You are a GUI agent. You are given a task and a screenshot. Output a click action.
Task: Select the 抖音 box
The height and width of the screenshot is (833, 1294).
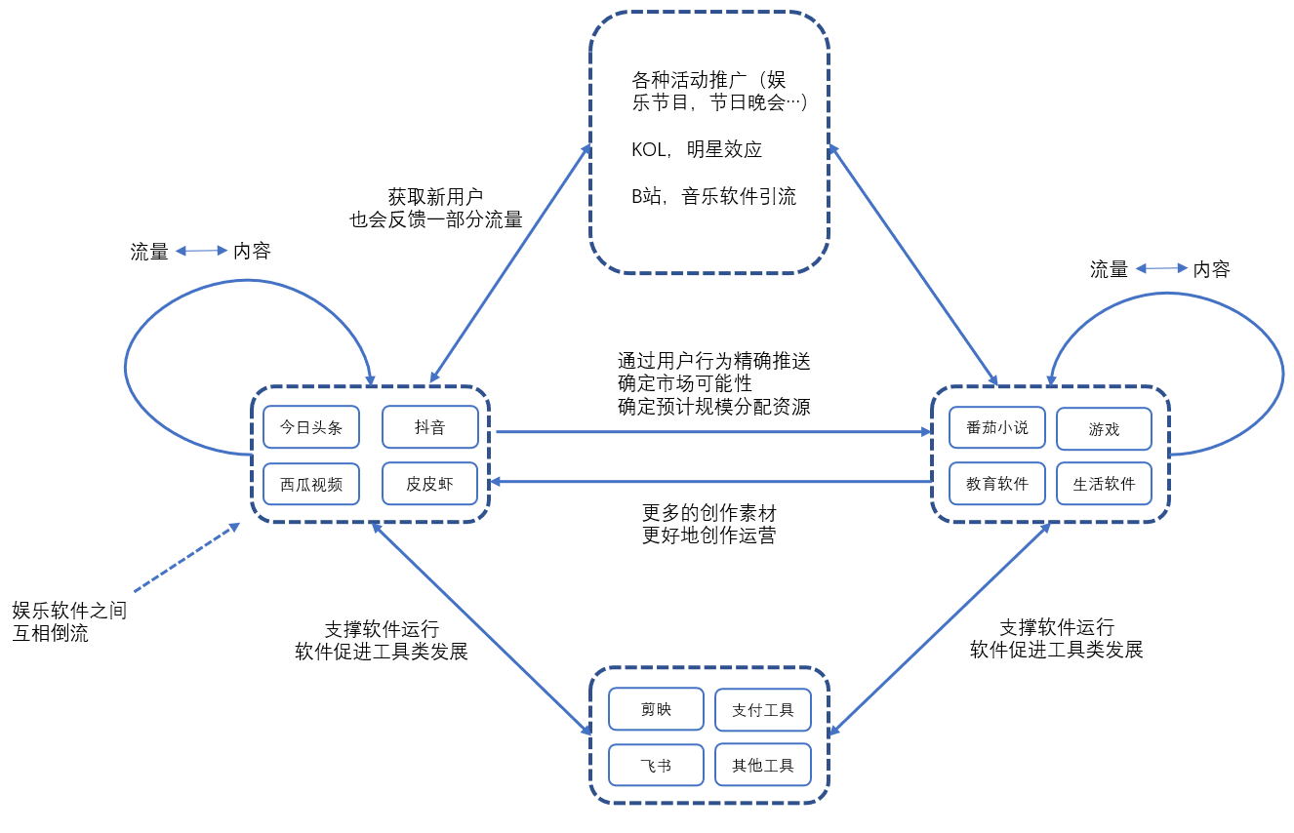[x=430, y=427]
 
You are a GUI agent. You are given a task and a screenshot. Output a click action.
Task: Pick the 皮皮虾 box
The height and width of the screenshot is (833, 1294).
[x=430, y=484]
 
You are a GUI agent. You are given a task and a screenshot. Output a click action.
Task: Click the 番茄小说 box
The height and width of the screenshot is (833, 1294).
[x=997, y=427]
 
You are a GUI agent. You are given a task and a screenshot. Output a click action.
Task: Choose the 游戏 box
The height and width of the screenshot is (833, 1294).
[x=1104, y=428]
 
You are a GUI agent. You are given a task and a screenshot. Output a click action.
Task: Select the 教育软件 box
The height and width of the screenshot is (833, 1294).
[x=997, y=484]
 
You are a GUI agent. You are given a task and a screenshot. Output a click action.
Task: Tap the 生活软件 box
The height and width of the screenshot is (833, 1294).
[x=1104, y=484]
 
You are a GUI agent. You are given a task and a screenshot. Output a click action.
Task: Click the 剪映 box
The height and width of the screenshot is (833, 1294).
[x=656, y=709]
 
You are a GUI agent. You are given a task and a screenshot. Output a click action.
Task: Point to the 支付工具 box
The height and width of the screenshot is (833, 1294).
[x=763, y=710]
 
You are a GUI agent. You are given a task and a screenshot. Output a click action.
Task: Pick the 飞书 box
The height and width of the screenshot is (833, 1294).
[x=656, y=765]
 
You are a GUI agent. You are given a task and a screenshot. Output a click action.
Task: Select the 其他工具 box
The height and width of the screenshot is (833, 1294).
[x=763, y=765]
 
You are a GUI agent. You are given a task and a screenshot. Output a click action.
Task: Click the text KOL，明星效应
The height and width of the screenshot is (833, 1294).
[x=697, y=149]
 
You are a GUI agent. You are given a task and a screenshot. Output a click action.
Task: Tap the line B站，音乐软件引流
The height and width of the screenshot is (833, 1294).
[x=713, y=196]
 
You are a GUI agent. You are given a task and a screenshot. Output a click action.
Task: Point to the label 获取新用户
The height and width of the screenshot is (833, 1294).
[x=435, y=196]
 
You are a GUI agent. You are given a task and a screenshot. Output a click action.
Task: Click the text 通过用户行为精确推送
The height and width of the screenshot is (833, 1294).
[x=713, y=361]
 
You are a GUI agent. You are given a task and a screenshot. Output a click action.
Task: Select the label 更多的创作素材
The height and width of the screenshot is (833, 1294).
[x=708, y=512]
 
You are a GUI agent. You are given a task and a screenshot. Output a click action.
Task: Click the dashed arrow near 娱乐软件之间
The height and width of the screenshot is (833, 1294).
[x=186, y=558]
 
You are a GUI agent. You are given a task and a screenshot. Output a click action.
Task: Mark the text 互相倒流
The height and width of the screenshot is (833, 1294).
[x=50, y=634]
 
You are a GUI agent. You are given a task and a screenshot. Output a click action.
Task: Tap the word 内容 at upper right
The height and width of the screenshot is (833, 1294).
[x=1211, y=269]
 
